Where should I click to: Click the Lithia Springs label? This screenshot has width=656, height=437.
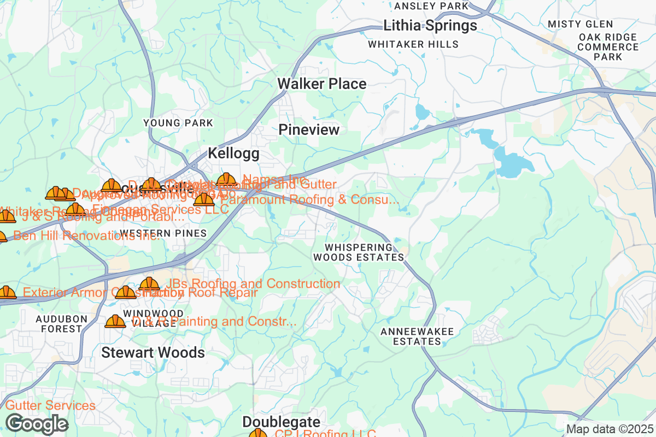click(430, 26)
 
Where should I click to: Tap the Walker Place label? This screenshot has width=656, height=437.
click(321, 84)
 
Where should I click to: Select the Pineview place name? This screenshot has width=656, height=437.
click(309, 130)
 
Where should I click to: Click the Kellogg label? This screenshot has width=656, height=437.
click(233, 154)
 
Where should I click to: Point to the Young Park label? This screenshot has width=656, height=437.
click(178, 123)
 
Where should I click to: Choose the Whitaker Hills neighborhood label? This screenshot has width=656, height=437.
click(413, 44)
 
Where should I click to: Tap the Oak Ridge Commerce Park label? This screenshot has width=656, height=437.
click(608, 47)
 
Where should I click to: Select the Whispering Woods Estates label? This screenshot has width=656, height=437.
click(359, 252)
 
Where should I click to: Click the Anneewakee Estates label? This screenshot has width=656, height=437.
click(411, 336)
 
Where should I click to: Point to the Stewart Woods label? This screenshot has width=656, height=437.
click(153, 353)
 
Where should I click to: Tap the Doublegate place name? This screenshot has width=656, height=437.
click(281, 422)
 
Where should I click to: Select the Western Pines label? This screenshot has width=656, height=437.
click(163, 234)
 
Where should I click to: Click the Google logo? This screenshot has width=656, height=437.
click(37, 424)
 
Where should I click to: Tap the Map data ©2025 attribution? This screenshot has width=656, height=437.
click(609, 429)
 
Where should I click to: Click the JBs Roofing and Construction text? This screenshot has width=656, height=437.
click(252, 284)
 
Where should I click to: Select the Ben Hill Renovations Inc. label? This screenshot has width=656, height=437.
click(86, 236)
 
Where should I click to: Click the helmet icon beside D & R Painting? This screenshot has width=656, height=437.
click(115, 322)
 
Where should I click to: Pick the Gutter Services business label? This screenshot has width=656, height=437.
click(50, 406)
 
